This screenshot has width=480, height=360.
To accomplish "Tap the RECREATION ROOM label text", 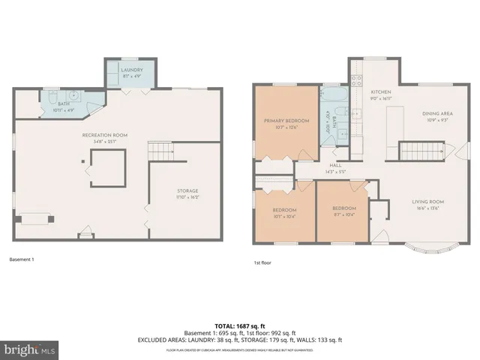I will (x=104, y=134).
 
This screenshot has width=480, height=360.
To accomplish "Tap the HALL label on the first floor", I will (x=335, y=168).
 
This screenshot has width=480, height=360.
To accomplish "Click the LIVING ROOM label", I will (x=427, y=201).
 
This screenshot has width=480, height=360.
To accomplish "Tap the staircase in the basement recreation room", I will (x=160, y=151).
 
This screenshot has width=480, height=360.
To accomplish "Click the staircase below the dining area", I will (x=420, y=151).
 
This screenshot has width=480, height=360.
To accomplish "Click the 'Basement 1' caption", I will (x=22, y=259).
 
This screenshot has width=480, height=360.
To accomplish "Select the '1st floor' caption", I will (x=263, y=263).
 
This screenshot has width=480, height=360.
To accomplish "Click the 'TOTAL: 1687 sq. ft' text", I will (x=239, y=325).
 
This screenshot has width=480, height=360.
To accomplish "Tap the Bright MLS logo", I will (x=30, y=349).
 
